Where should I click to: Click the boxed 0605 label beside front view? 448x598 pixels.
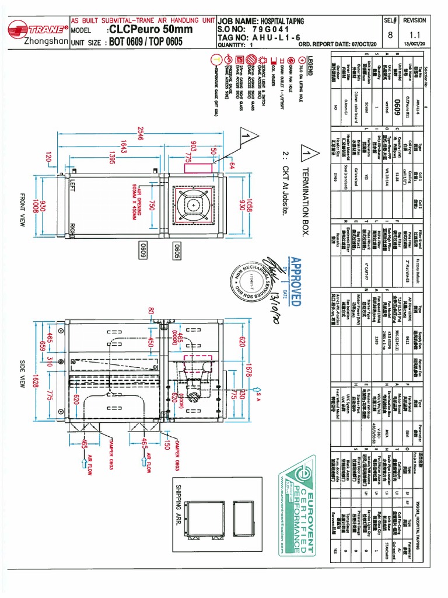point(174,252)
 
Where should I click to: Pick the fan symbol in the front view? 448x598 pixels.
point(193,203)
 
